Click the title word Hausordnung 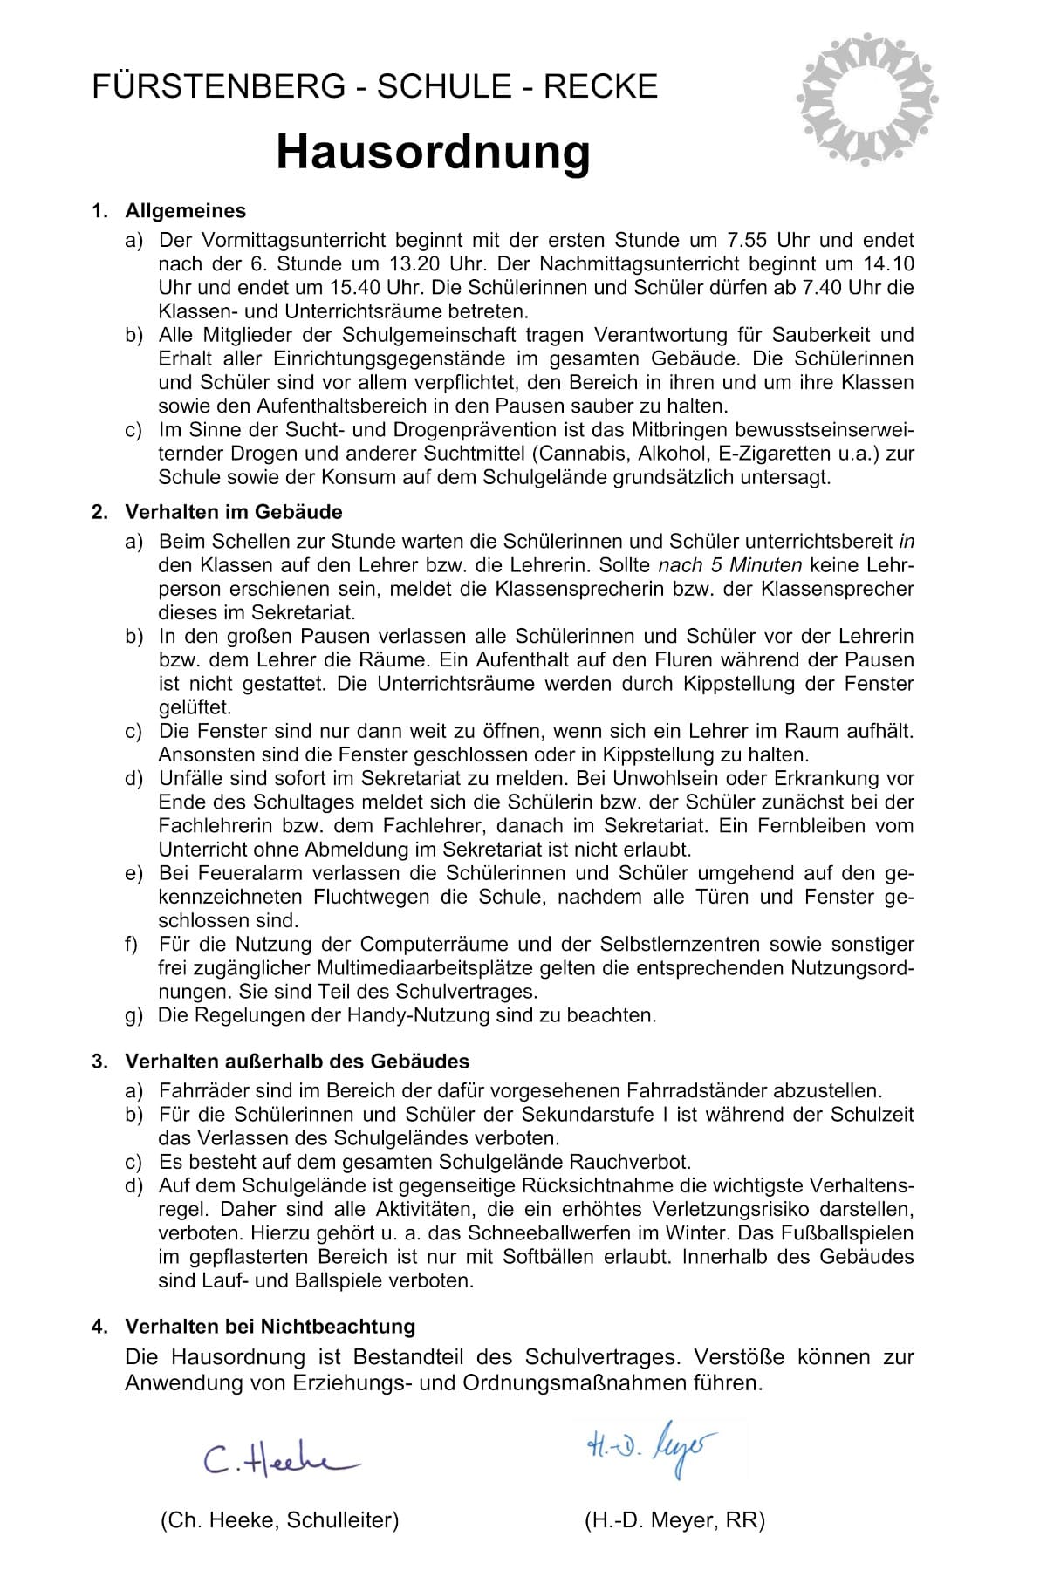click(x=433, y=153)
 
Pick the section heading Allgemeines click(x=186, y=211)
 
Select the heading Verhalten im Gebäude click(x=234, y=512)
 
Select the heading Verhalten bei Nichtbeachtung click(x=270, y=1327)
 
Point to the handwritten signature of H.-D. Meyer click(x=651, y=1446)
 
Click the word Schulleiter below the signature click(x=339, y=1520)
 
